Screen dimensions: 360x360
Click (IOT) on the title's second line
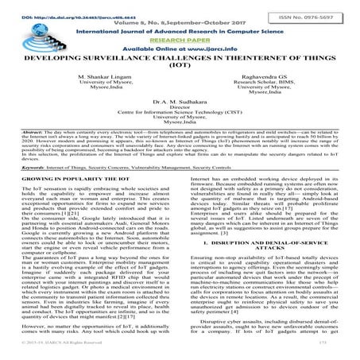pos(180,67)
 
